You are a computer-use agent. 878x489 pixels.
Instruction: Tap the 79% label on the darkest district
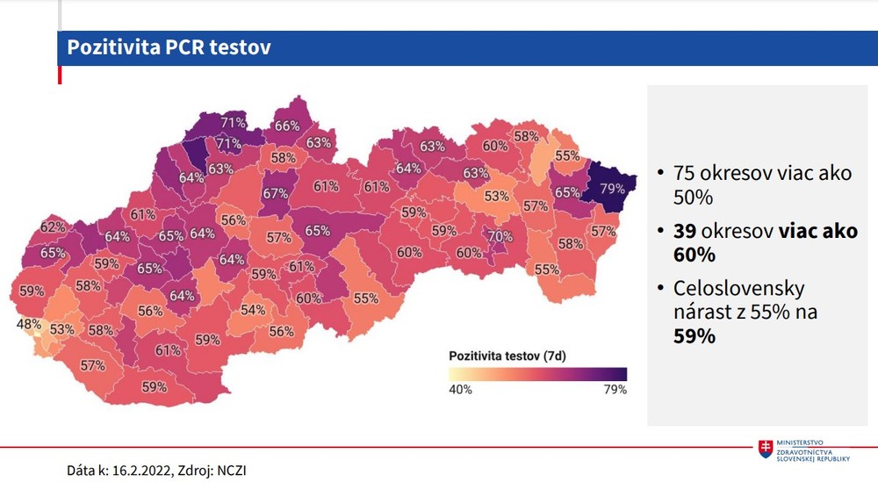(612, 189)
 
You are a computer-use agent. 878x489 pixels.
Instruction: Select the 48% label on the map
(29, 323)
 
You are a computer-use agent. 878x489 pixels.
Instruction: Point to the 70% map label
(500, 236)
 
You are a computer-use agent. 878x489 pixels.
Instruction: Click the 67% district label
(275, 193)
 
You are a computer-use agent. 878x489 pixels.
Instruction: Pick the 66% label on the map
(287, 126)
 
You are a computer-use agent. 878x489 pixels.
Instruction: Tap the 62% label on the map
(53, 227)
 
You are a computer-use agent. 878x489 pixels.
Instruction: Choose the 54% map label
(253, 310)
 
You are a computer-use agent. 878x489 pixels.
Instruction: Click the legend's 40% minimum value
(460, 390)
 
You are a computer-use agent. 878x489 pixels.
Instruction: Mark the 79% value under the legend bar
(615, 390)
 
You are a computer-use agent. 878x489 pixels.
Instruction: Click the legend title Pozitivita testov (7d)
(506, 356)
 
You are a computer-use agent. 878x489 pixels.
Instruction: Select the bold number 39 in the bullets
(686, 231)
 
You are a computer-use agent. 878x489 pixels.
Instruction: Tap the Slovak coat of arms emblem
(766, 449)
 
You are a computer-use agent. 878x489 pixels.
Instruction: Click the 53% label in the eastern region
(497, 196)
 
